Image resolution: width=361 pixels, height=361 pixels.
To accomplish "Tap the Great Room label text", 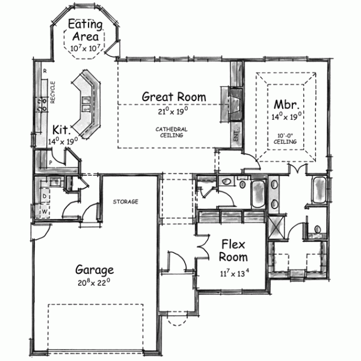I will point(173,96).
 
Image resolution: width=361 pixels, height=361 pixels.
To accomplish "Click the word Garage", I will point(94,269).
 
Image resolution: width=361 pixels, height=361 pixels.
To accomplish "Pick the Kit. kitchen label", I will point(63,130).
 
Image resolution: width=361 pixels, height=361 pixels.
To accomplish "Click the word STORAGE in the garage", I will point(126,201).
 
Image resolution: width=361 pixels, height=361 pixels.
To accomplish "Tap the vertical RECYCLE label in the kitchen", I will point(53,93).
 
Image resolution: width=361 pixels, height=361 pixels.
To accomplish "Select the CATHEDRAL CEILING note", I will point(171,132).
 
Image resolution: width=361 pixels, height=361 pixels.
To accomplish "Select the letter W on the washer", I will point(45,211).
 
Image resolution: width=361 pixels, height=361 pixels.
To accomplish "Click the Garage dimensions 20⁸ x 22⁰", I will point(94,282).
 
